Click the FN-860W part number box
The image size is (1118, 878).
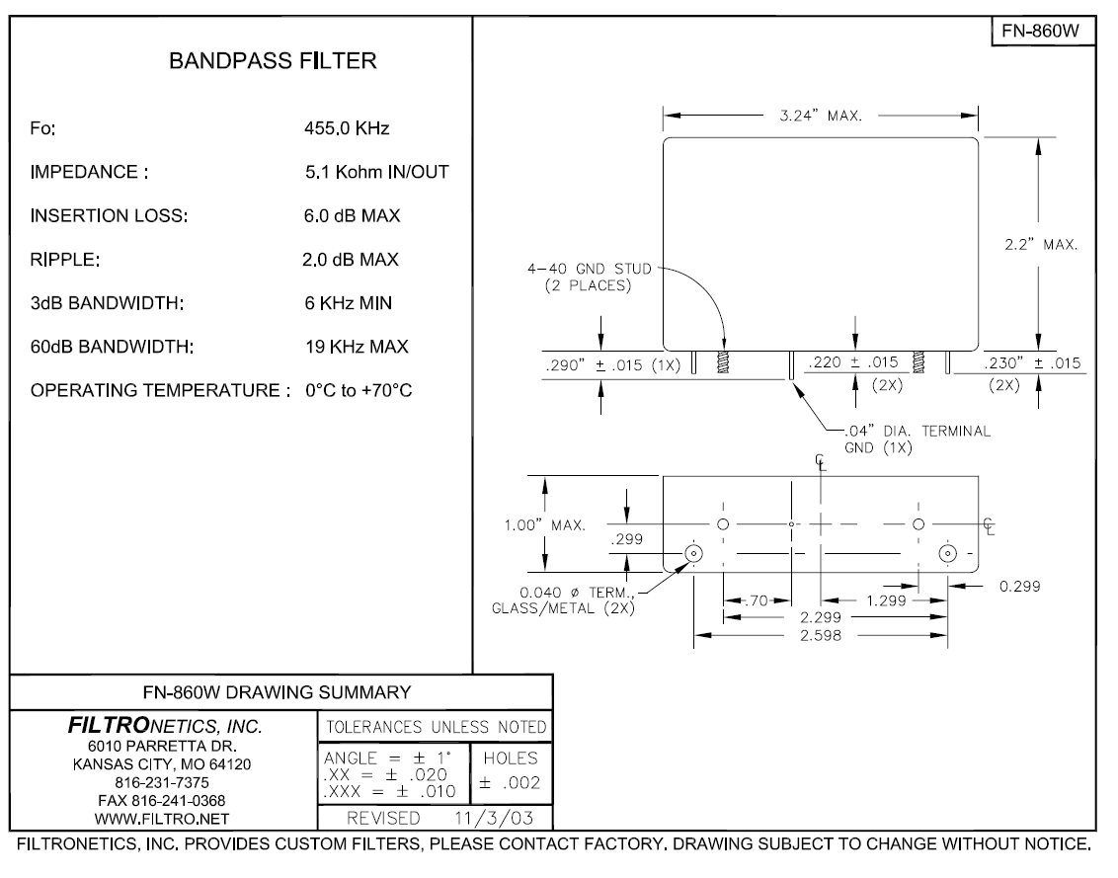(1043, 31)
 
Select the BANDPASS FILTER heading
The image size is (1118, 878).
(273, 60)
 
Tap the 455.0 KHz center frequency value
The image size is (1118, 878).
(347, 128)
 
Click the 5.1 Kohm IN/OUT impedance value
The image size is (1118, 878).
(376, 172)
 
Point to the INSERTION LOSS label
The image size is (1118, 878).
(109, 215)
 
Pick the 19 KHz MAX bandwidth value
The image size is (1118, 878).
(357, 347)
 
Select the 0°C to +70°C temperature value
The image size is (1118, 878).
(359, 390)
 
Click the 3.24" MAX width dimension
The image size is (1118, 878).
(821, 116)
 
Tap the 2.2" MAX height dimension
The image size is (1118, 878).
(1041, 245)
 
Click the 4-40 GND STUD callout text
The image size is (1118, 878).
(589, 269)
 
